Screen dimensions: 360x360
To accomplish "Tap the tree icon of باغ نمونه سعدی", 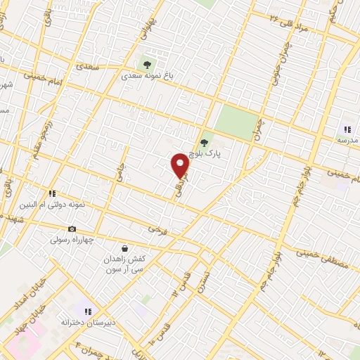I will (x=147, y=65).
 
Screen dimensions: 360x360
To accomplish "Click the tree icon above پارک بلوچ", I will (x=205, y=143).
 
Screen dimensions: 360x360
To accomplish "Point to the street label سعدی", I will (x=89, y=68).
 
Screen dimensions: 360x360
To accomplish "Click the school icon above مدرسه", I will (x=346, y=129).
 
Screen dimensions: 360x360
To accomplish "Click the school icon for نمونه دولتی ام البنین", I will (x=51, y=193).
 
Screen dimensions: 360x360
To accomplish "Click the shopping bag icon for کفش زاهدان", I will (x=124, y=248).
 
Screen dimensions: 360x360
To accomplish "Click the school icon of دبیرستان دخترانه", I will (x=86, y=310).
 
